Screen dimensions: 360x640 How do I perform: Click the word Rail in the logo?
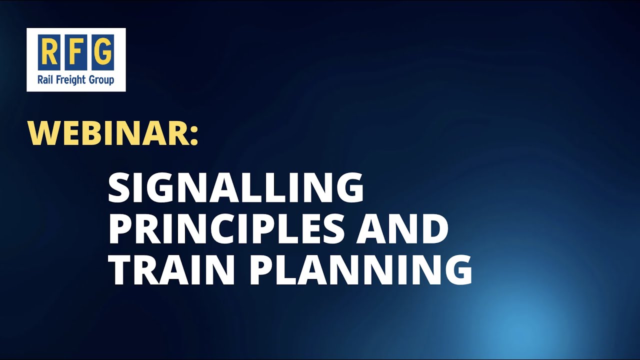(x=45, y=80)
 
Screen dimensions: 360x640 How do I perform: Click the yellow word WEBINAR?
(x=108, y=132)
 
